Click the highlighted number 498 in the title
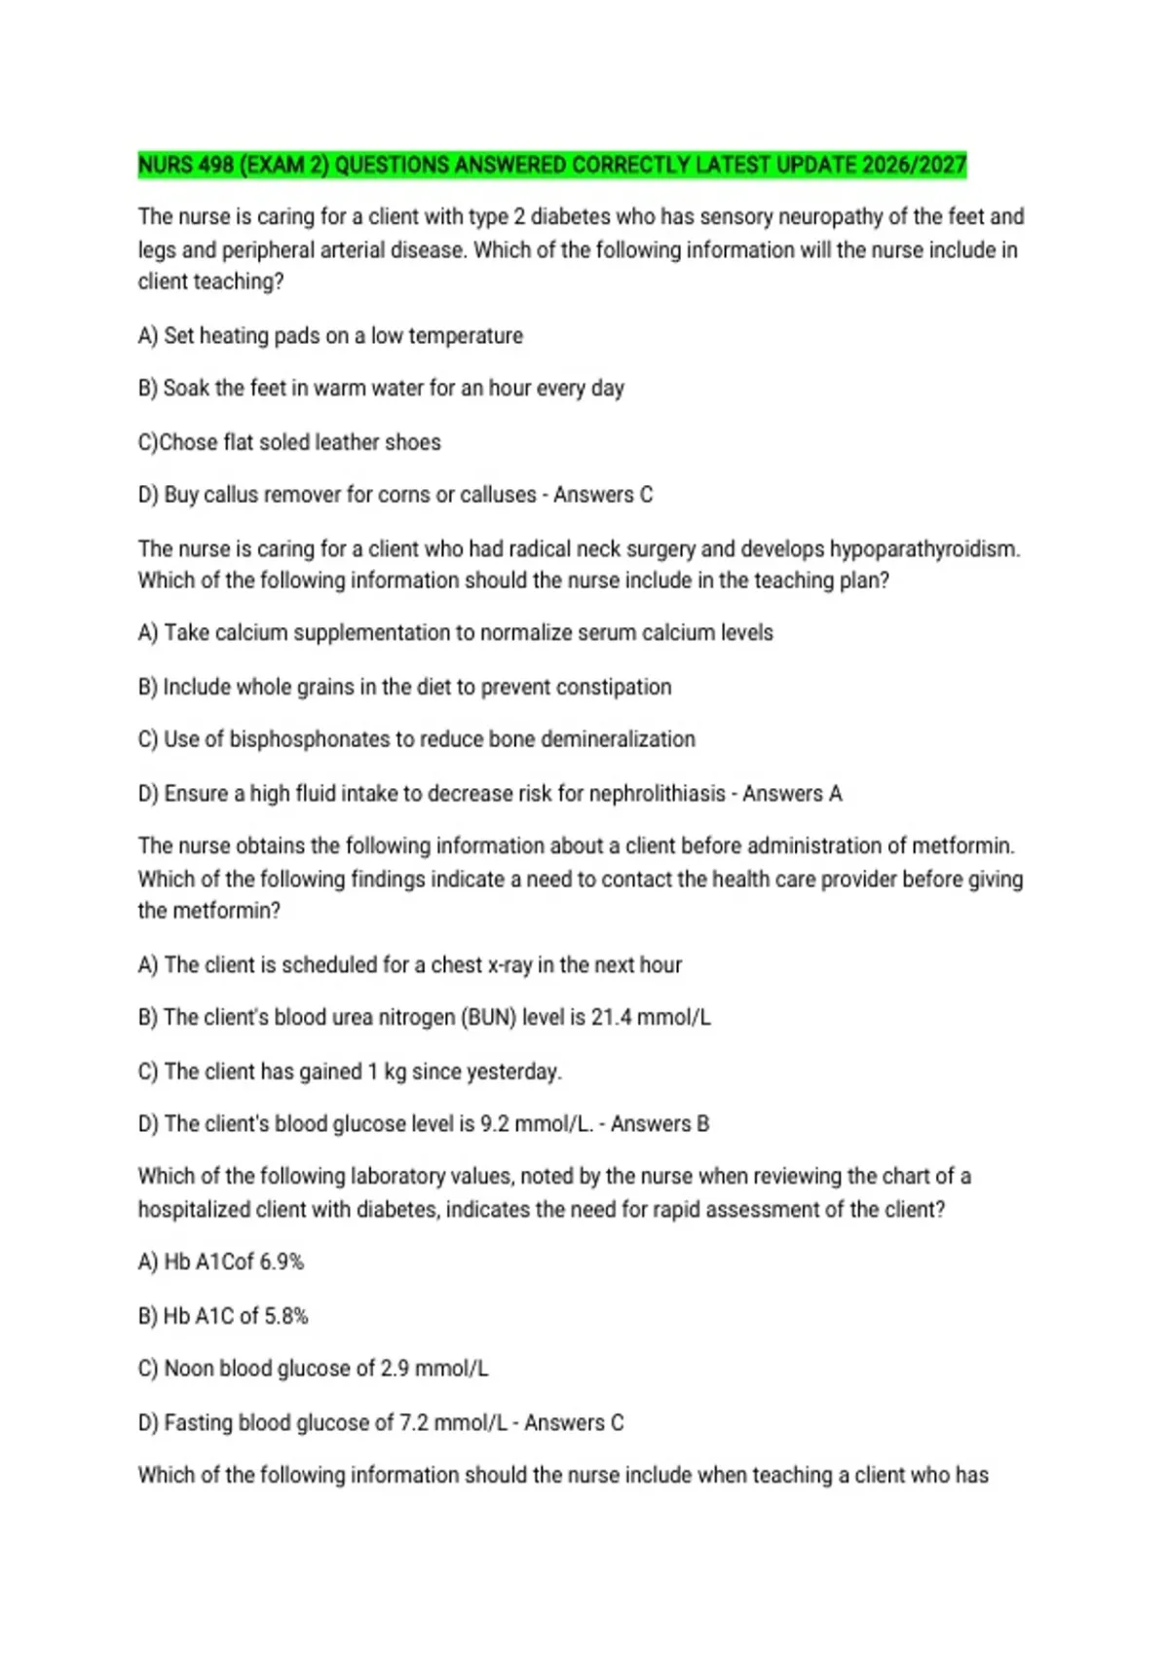click(213, 165)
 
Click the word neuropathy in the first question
click(833, 216)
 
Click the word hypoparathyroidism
click(924, 549)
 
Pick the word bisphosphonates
click(310, 739)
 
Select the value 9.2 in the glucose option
click(494, 1124)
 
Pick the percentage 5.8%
click(286, 1317)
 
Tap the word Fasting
click(198, 1423)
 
